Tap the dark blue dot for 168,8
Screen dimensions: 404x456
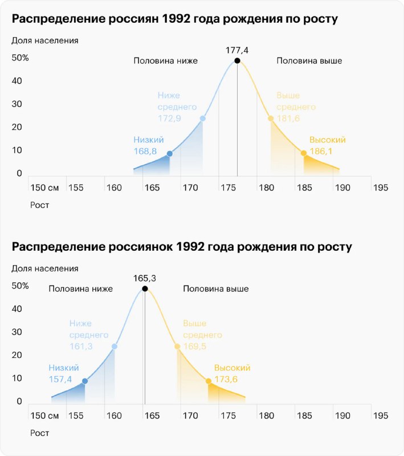(169, 153)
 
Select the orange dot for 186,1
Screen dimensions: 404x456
(304, 153)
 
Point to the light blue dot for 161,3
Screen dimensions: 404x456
(114, 347)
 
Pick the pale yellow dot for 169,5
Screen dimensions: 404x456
(177, 347)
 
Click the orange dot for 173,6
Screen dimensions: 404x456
(209, 381)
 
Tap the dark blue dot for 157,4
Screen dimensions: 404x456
(84, 381)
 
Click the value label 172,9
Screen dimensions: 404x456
(169, 119)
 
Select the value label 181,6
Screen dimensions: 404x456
(288, 119)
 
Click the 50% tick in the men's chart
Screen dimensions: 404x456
(20, 58)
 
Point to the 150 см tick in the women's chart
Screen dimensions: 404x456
(44, 416)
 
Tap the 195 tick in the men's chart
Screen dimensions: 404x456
(381, 188)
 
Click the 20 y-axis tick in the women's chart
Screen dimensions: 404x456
(17, 355)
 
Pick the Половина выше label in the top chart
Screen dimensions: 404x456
(309, 61)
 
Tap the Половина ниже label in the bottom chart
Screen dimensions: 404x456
(80, 289)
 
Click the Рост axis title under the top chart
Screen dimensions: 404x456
(39, 205)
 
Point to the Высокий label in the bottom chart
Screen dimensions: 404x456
(232, 368)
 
